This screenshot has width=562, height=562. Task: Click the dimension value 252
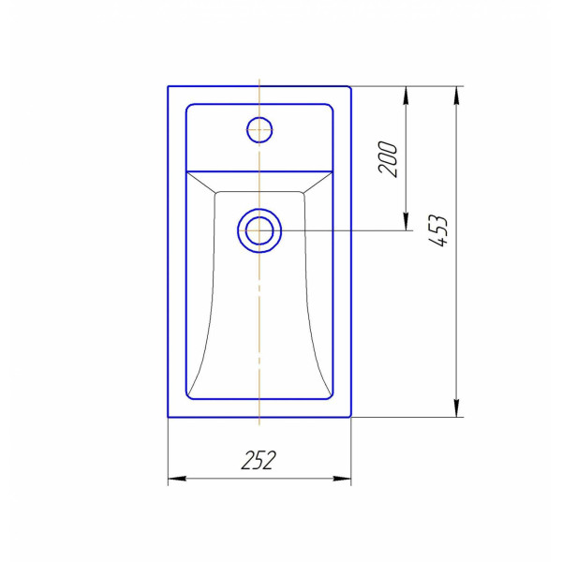259,460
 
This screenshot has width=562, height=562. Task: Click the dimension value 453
438,230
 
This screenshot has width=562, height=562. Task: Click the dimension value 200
388,159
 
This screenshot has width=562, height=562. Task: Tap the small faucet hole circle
259,129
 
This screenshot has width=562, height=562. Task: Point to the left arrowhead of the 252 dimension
177,478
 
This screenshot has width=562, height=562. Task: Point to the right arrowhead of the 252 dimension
342,478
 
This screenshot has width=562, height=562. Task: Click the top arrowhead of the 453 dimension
456,96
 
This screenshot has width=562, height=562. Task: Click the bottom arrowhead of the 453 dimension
456,407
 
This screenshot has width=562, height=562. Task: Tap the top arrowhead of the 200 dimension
406,96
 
